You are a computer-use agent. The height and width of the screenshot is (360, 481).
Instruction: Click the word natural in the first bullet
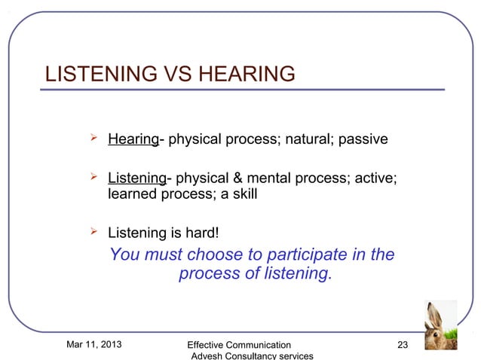click(307, 140)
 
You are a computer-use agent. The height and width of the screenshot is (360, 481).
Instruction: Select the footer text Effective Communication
click(239, 345)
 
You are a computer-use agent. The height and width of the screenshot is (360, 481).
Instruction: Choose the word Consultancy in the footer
click(254, 356)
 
